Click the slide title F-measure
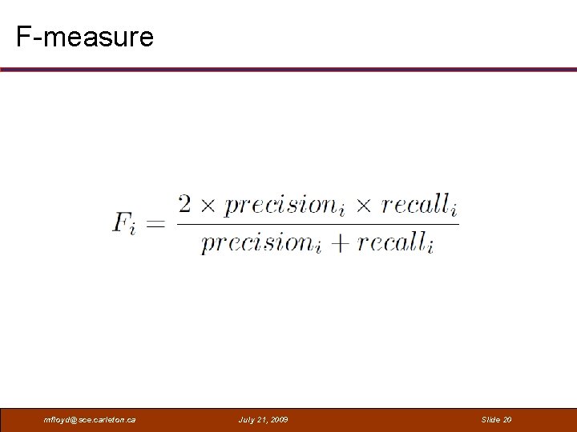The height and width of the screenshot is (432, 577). point(84,36)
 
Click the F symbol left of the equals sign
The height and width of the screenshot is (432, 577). point(123,222)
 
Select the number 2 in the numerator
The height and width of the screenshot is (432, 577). point(185,204)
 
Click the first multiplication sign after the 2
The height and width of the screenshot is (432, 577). point(208,206)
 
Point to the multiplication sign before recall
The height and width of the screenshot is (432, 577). point(364,206)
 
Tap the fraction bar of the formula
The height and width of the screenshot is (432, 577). point(317,224)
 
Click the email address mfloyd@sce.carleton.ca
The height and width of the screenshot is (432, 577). point(91,420)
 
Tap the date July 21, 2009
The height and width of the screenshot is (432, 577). point(264,420)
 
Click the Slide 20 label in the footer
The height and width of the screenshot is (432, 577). point(496,420)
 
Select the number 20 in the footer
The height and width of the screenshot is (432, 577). point(506,420)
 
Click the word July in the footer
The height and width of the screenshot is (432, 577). point(247,420)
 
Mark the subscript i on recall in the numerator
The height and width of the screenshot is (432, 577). point(454,210)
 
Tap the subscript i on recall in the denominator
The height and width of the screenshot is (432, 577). point(431,249)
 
